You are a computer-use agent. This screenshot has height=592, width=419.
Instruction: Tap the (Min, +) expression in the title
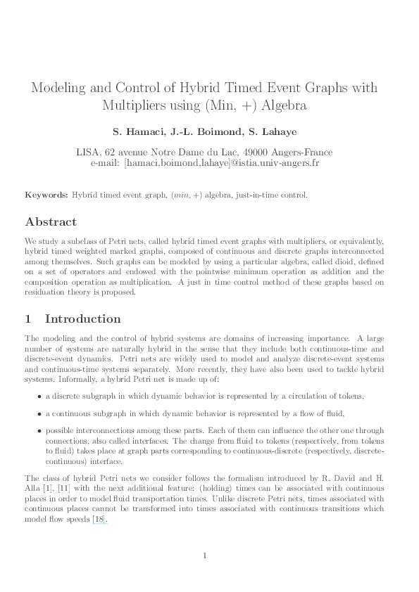click(x=244, y=106)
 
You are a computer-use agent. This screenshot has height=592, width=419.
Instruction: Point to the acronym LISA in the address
click(x=88, y=152)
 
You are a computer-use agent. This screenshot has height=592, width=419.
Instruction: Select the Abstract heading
click(x=51, y=221)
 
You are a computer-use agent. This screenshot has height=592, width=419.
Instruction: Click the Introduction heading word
click(x=82, y=318)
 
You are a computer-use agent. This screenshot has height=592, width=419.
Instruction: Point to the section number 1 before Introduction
click(x=30, y=318)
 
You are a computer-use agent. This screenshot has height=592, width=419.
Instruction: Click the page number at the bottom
click(x=204, y=556)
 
